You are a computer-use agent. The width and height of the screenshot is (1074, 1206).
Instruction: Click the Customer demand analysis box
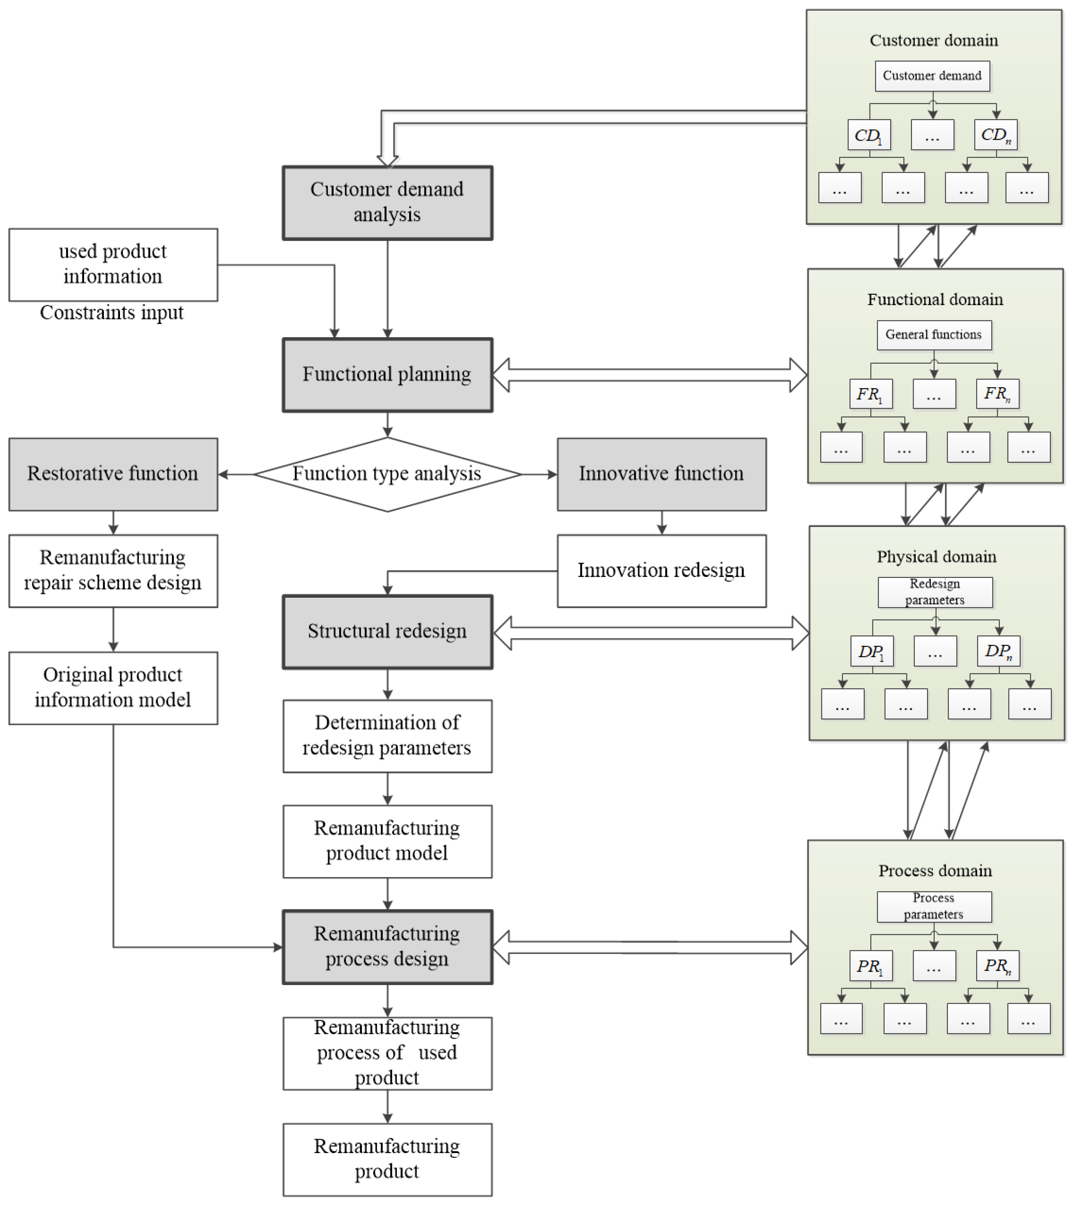pos(387,203)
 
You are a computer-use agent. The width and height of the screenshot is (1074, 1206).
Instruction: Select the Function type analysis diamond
pos(387,474)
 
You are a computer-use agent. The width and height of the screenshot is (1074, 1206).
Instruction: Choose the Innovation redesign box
pos(661,570)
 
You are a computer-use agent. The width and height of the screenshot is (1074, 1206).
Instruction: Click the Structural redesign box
pos(387,631)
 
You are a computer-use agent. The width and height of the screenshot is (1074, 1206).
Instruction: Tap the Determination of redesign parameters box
pos(387,735)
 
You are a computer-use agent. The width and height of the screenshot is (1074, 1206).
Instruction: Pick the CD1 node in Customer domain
pos(869,135)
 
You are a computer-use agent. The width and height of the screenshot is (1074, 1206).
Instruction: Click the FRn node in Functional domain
pos(997,393)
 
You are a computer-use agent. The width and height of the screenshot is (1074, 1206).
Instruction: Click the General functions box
pos(934,334)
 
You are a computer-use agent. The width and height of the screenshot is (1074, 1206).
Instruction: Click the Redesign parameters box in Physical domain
pos(935,592)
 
